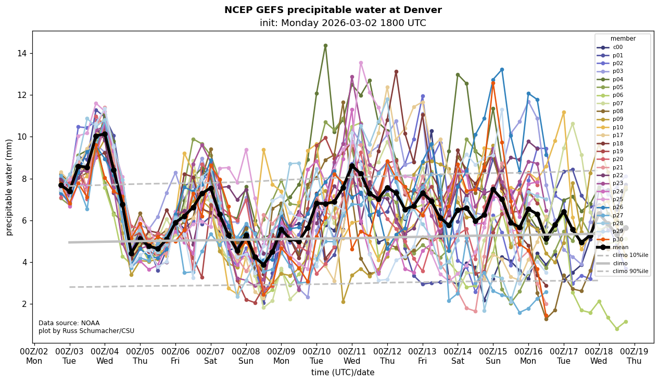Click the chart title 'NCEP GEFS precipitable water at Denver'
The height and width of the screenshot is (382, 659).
coord(333,10)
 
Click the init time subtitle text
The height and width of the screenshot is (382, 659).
coord(343,23)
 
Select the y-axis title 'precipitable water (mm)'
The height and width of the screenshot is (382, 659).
coord(9,187)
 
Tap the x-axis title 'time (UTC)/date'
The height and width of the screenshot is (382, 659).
coord(343,372)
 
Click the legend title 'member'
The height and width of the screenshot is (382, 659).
coord(623,39)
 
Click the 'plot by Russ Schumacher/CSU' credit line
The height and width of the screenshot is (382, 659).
coord(86,331)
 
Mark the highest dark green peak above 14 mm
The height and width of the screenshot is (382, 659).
coord(325,45)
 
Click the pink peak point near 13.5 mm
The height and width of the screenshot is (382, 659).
coord(361,63)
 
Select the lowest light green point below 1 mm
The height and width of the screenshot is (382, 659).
coord(617,329)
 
